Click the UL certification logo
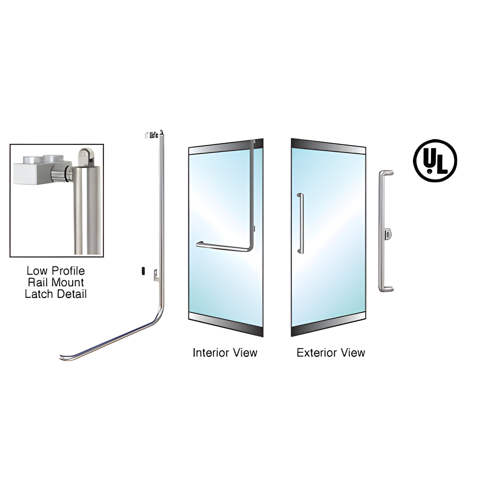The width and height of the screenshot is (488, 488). click(435, 160)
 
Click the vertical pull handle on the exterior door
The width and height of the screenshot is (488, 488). click(301, 223)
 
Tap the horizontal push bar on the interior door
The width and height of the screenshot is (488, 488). click(222, 247)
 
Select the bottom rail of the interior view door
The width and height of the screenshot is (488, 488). click(226, 324)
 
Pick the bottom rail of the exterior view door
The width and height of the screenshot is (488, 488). click(328, 324)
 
